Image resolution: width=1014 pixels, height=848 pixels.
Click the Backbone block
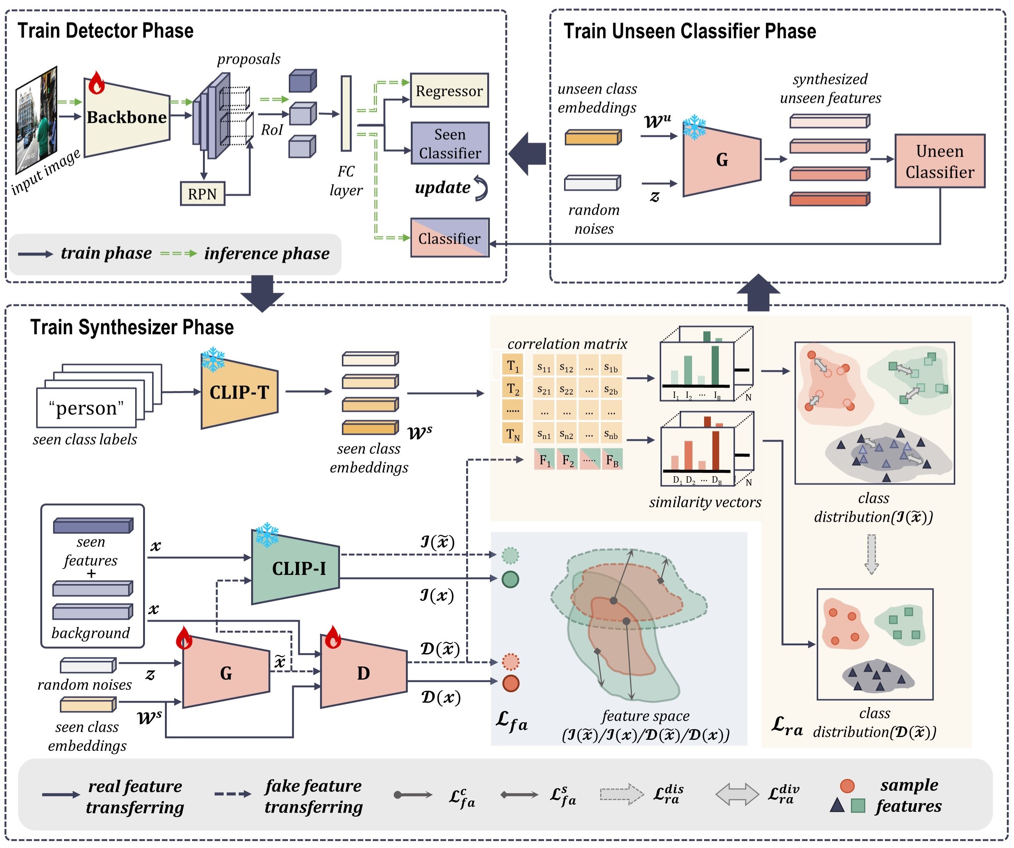tap(127, 118)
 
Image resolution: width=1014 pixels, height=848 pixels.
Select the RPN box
tap(202, 194)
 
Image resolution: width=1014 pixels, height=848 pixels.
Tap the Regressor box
tap(449, 90)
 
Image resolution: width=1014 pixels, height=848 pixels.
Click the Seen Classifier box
tap(450, 144)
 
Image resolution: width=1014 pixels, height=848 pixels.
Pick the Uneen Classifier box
tap(940, 161)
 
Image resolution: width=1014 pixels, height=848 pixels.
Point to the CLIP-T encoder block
tap(239, 391)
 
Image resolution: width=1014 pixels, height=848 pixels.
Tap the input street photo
tap(37, 120)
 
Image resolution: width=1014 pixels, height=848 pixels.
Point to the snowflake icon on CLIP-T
tap(213, 359)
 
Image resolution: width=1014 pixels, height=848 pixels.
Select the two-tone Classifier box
tap(450, 238)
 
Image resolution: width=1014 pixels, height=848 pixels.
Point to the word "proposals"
tap(249, 59)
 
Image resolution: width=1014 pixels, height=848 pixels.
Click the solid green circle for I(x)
tap(510, 579)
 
